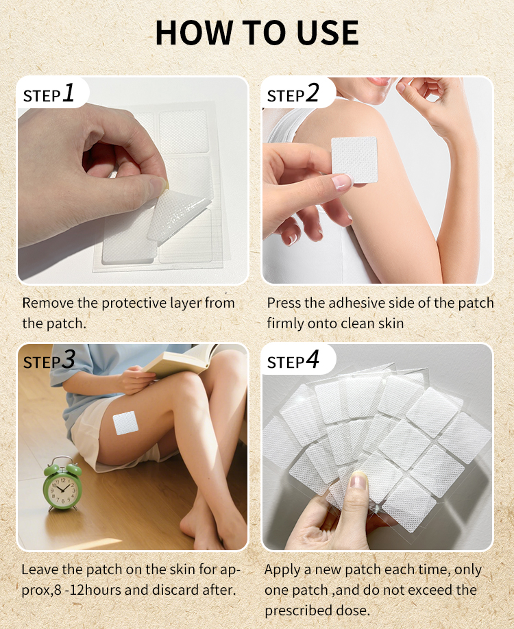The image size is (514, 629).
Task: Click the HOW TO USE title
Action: tap(257, 32)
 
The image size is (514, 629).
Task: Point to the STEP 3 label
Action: tap(49, 360)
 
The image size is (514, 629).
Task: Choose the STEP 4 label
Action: tap(293, 360)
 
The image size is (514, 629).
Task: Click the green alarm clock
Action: tap(62, 486)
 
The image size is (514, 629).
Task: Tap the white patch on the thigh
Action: tap(125, 423)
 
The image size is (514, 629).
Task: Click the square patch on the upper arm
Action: tap(354, 160)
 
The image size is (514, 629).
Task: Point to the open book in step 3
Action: tap(180, 360)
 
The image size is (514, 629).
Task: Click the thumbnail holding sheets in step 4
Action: tap(358, 481)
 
